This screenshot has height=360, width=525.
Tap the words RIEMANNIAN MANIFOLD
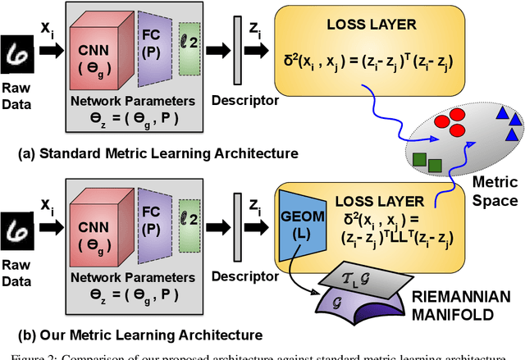pyautogui.click(x=472, y=304)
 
